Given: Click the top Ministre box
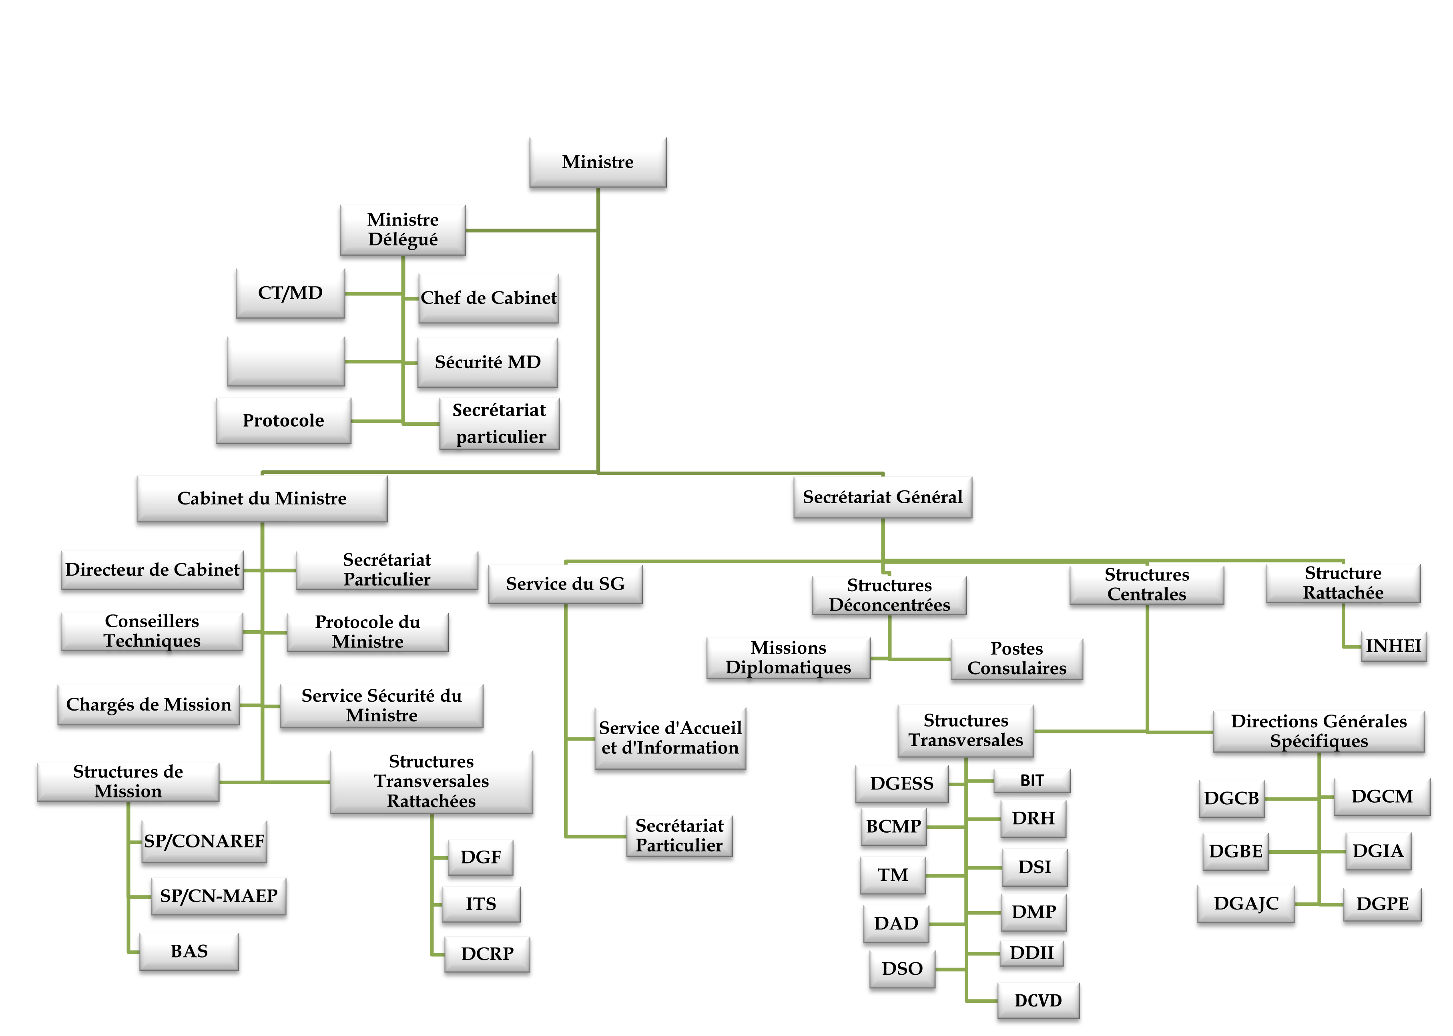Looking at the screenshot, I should (598, 162).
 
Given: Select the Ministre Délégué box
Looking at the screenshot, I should (403, 230).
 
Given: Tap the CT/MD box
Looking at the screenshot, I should (290, 293).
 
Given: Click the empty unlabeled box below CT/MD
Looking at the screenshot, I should (286, 361).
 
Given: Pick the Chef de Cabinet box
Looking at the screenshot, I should (489, 298).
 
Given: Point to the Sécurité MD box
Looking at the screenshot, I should (487, 362).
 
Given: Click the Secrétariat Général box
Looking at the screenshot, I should (882, 497).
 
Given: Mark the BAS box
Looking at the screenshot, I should (189, 951).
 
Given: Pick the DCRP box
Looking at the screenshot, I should (487, 954).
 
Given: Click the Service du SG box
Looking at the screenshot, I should (565, 584).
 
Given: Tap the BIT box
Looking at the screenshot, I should (1032, 781).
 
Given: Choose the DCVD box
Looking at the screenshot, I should (1038, 1000).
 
